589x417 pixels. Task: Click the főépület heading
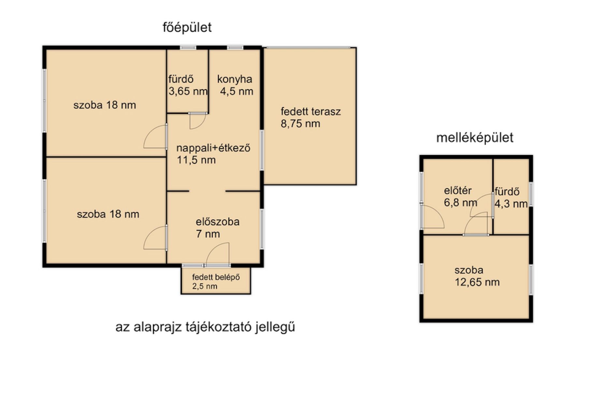point(187,28)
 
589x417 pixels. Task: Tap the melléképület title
point(475,137)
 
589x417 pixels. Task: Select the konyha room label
point(235,79)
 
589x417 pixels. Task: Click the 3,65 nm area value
point(188,91)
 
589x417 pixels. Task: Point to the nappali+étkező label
point(213,148)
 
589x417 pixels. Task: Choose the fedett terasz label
point(311,111)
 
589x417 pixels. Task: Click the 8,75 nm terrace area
point(300,124)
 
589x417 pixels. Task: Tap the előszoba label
point(217,222)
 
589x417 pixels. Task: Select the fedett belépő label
point(216,277)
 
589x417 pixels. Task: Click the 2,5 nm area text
point(204,286)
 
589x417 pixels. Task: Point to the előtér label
point(458,191)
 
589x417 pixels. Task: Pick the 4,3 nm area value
point(511,204)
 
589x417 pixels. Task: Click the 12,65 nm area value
point(477,282)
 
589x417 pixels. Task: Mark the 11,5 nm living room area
point(196,160)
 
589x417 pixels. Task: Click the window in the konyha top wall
point(235,48)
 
